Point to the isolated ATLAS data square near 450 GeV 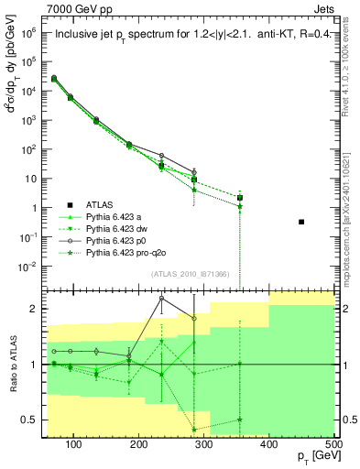click(x=301, y=222)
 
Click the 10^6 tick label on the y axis click(x=33, y=31)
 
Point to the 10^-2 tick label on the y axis click(x=33, y=267)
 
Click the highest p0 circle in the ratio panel click(x=161, y=298)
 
